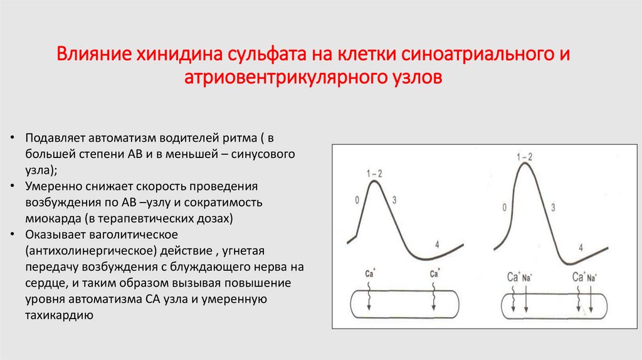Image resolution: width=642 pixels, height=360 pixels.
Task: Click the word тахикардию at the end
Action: tap(60, 315)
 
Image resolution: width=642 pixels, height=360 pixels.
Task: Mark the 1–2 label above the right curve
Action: tap(524, 156)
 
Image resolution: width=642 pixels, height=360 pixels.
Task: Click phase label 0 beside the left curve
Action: tap(357, 201)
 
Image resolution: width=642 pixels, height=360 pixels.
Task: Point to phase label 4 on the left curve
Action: tap(436, 245)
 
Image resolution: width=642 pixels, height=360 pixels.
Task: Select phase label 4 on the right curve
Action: tap(581, 248)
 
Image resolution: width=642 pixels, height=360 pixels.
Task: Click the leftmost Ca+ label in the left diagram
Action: tap(371, 273)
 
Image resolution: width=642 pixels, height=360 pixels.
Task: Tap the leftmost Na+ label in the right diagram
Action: tap(527, 277)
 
